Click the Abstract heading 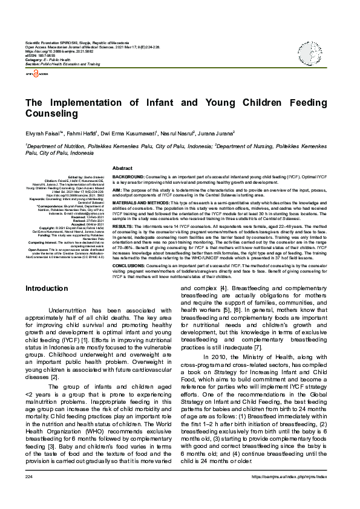tap(122, 167)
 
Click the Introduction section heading tap(46, 289)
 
